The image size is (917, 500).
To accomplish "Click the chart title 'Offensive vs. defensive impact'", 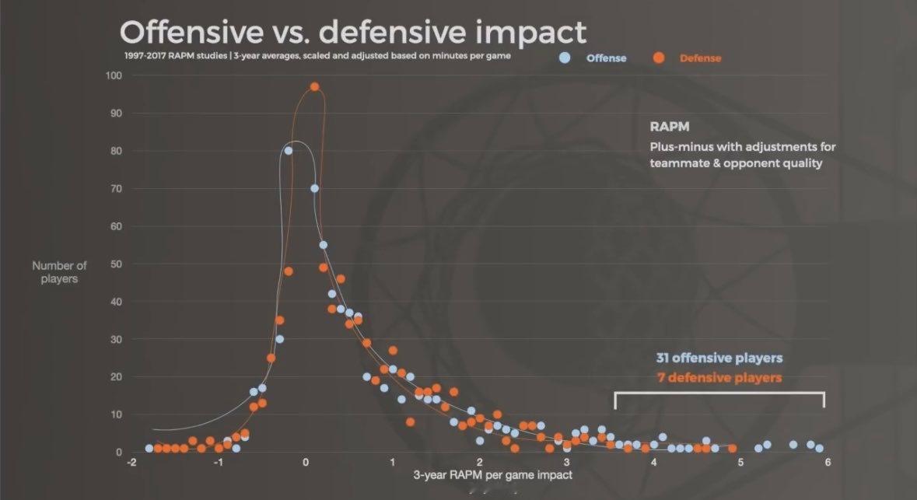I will (x=352, y=32).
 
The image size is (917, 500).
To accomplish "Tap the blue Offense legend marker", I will (x=565, y=58).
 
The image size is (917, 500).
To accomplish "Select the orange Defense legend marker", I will (x=659, y=58).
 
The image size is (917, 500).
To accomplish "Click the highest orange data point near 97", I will (x=314, y=87).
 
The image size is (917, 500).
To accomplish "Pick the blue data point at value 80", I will (x=289, y=151).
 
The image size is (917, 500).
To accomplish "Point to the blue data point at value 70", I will (x=315, y=188).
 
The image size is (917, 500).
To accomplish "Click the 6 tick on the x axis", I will (x=828, y=462).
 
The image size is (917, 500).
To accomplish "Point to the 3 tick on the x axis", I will (x=567, y=462).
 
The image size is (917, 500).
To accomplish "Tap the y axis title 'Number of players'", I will (x=59, y=272).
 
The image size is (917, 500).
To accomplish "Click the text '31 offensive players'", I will (x=719, y=358).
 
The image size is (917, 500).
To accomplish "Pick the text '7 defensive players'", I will (x=719, y=378).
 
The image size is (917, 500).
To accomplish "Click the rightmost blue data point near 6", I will (x=819, y=449).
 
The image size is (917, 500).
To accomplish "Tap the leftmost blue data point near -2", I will (x=149, y=449).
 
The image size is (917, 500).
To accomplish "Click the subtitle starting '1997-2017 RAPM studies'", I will (x=317, y=56).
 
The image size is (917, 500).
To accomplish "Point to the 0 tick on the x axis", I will (x=306, y=462).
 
